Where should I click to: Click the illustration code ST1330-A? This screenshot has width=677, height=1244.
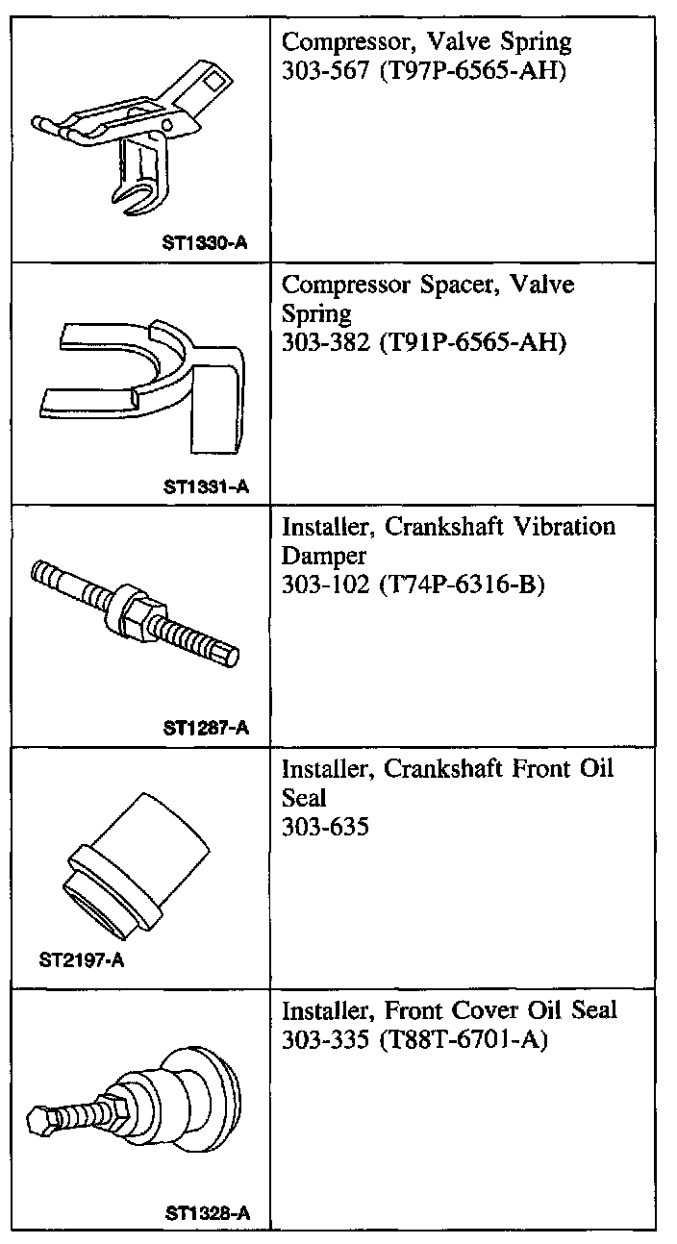[x=206, y=243]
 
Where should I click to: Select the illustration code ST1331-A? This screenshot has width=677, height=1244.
[x=206, y=485]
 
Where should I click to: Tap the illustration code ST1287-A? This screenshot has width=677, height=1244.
[x=206, y=727]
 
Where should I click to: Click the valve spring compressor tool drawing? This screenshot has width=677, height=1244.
[x=135, y=135]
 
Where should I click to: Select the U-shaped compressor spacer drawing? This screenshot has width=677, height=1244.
[x=144, y=385]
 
